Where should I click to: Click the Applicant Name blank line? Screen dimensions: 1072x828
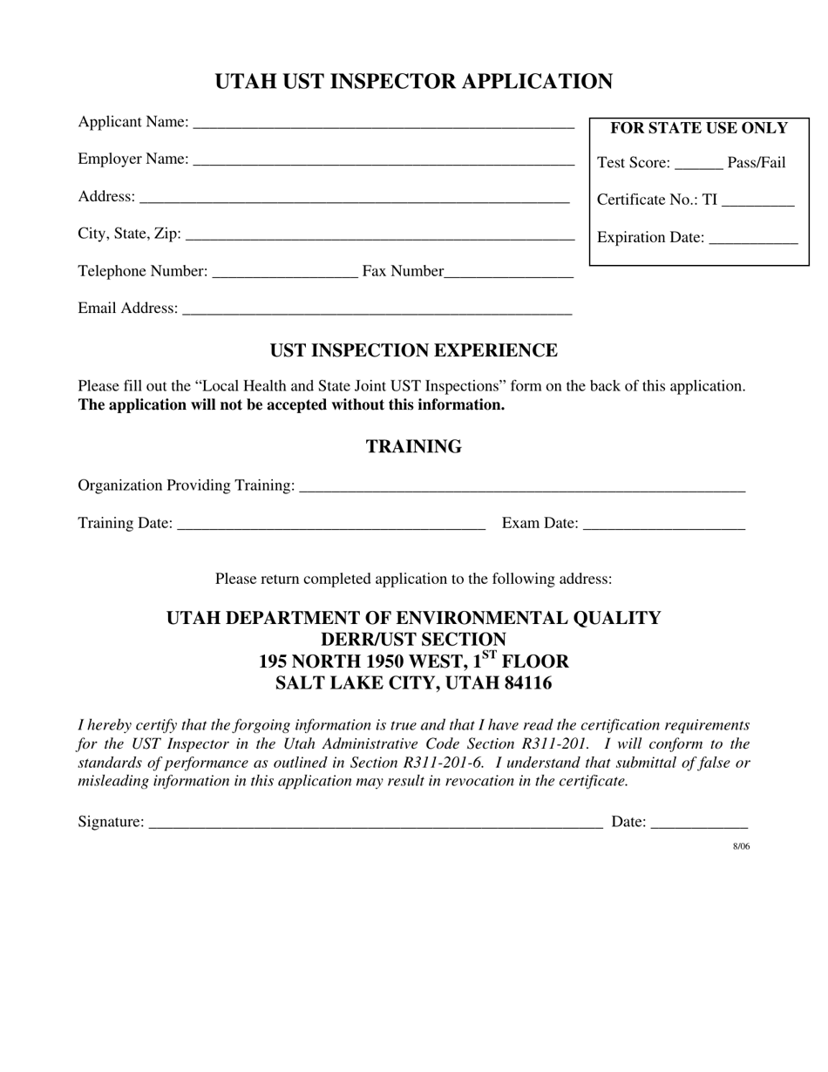click(383, 124)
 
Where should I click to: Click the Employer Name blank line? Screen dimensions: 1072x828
click(383, 161)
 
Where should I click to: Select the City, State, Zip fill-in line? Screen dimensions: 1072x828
click(380, 235)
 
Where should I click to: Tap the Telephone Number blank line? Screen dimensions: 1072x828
click(285, 273)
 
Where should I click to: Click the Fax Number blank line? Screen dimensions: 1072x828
click(509, 273)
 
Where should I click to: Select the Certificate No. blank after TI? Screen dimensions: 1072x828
click(758, 202)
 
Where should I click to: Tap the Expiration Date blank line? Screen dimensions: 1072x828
click(754, 240)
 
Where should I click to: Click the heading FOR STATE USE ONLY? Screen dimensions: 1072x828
click(699, 128)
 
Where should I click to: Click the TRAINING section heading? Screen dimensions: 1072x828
click(414, 447)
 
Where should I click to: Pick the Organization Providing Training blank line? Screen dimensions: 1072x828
click(521, 487)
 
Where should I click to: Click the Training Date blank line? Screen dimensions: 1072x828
click(330, 525)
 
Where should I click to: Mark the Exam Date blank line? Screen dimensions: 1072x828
click(664, 525)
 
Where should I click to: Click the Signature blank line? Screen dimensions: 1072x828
click(376, 823)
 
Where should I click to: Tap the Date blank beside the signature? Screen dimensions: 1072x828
click(699, 823)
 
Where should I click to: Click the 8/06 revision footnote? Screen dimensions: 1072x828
click(741, 846)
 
